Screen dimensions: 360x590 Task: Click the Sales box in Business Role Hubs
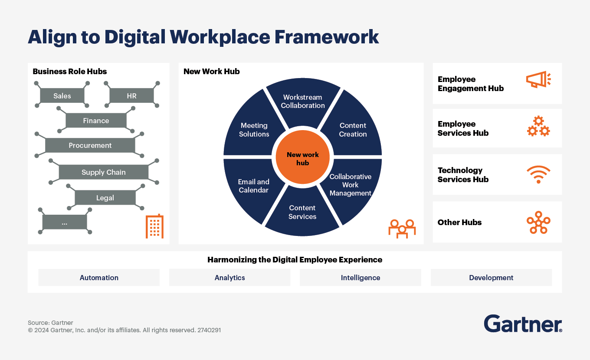(62, 96)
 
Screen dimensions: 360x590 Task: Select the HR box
(131, 96)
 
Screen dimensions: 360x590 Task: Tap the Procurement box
(90, 145)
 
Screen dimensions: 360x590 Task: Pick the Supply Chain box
(104, 172)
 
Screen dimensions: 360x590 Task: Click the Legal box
(105, 198)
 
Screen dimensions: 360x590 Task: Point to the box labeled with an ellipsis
(65, 223)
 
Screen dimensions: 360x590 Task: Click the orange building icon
(154, 226)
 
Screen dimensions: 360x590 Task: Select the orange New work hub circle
(303, 158)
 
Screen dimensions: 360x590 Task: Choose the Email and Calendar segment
(254, 186)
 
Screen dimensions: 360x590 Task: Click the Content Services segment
(302, 212)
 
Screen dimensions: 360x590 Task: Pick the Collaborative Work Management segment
(351, 185)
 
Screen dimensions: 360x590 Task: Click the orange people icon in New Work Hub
(402, 228)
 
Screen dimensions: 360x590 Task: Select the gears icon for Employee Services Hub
(538, 127)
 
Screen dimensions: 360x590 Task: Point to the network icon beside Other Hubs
(538, 223)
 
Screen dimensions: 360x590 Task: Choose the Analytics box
(229, 278)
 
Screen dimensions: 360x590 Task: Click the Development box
(491, 278)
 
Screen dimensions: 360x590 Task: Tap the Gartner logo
(523, 324)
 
